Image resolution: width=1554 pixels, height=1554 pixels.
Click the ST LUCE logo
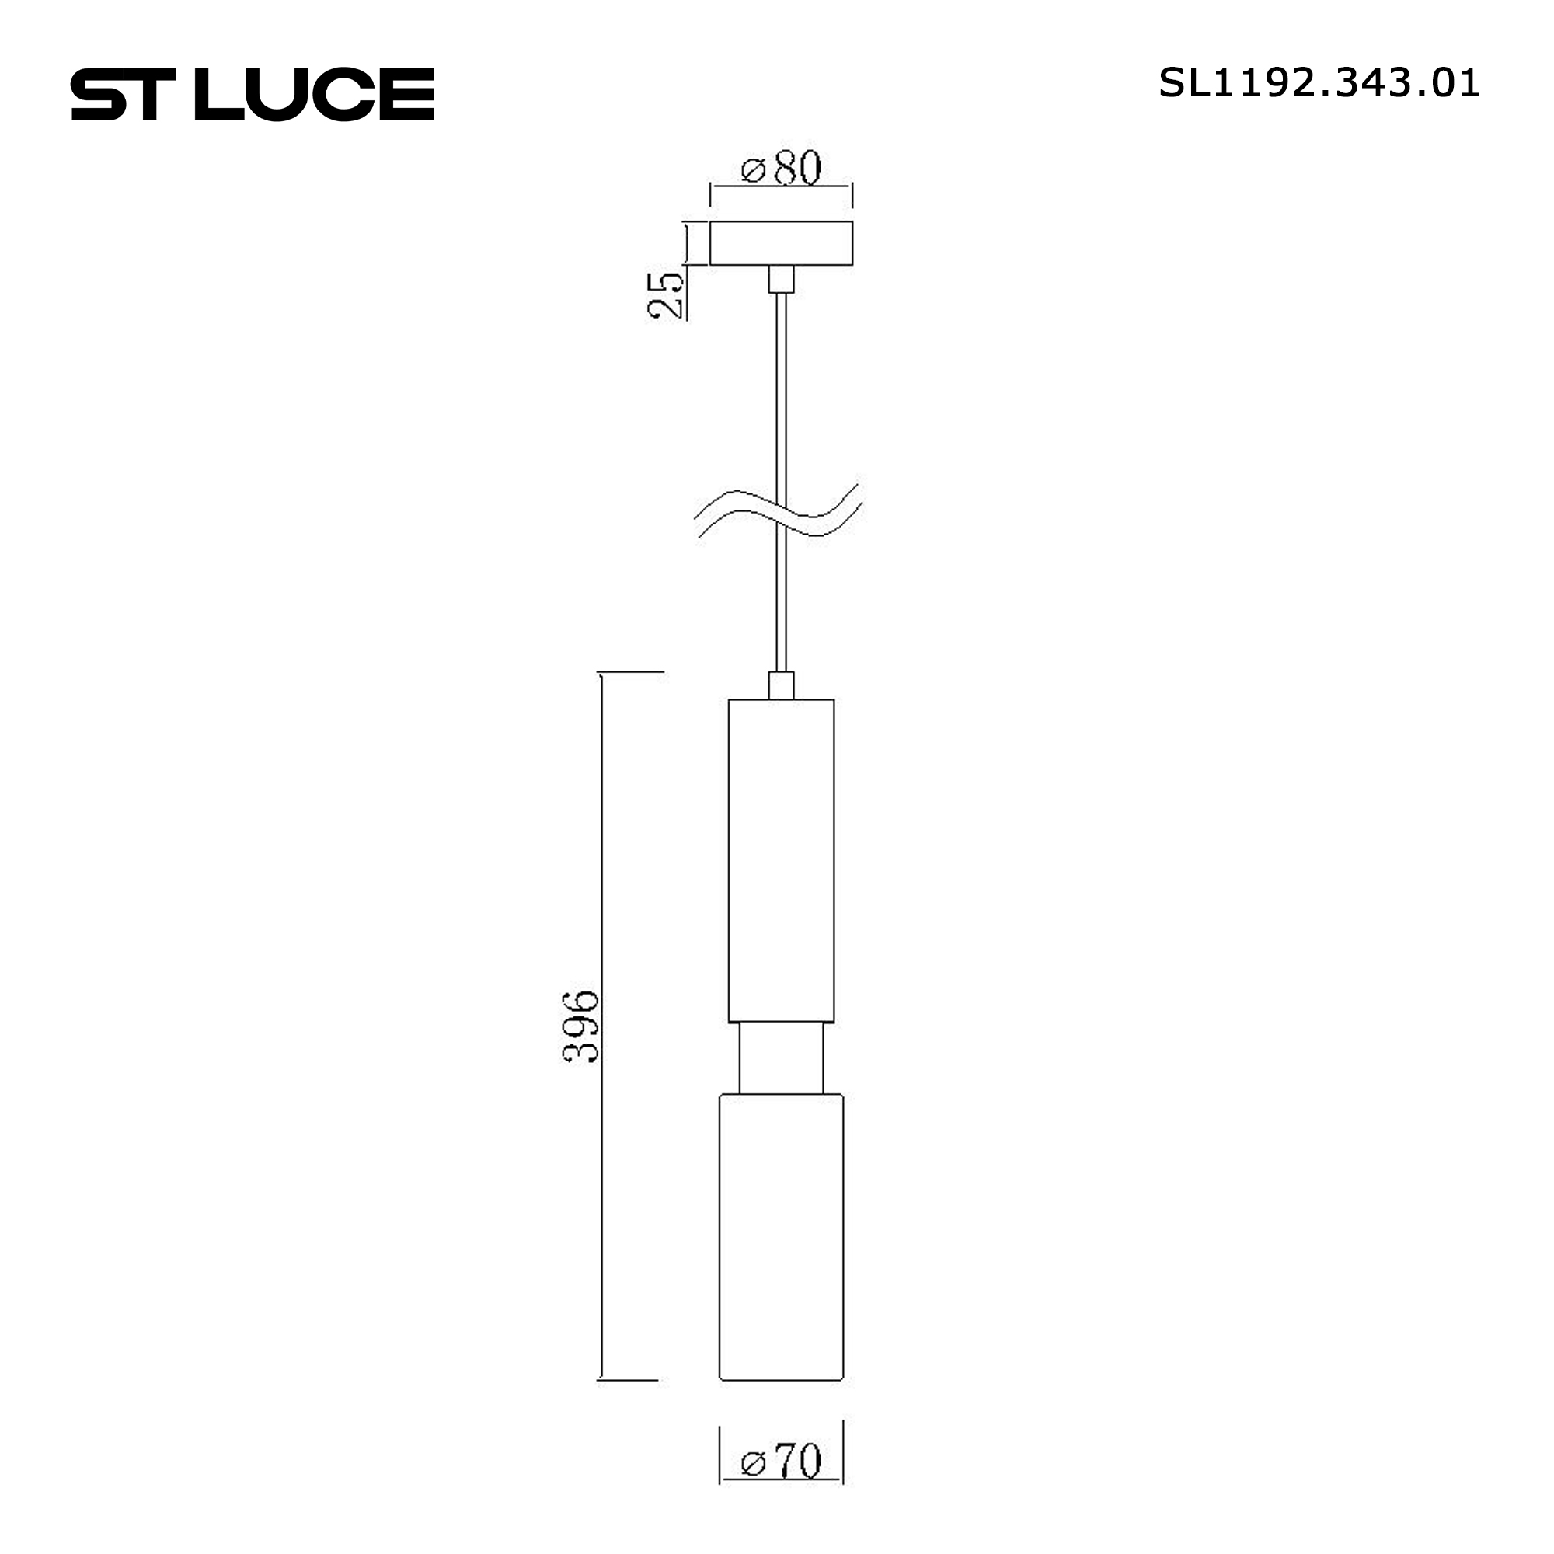(x=253, y=94)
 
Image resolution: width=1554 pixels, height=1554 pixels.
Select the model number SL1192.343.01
(x=1319, y=83)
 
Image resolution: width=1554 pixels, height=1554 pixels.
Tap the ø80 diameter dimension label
(x=781, y=168)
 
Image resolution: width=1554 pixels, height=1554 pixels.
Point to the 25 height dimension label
(x=666, y=295)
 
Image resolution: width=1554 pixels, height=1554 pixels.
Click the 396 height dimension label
(x=580, y=1027)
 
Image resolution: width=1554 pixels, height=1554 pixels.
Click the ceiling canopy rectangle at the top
(x=781, y=243)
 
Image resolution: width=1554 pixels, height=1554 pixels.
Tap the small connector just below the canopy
(x=781, y=278)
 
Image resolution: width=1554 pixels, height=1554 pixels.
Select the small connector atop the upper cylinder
(x=781, y=685)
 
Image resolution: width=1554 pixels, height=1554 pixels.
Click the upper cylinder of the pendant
(x=781, y=861)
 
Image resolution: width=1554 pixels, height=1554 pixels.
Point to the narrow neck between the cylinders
(x=781, y=1058)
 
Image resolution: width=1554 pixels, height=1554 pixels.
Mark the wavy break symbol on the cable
(x=779, y=513)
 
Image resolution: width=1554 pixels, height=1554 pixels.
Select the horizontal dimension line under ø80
(x=781, y=186)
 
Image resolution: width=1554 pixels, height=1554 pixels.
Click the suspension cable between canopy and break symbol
(x=781, y=386)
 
